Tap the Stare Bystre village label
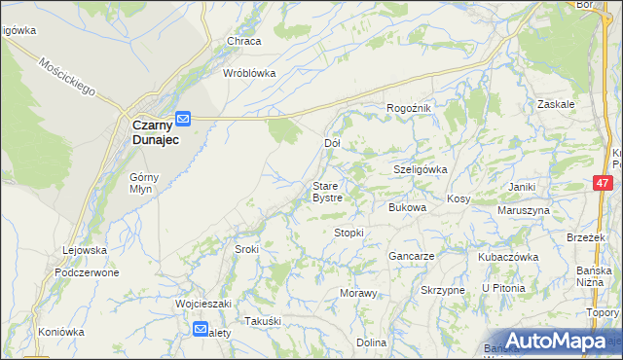point(326,191)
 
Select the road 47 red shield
point(603,182)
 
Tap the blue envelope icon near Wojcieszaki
point(200,329)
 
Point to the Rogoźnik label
point(408,107)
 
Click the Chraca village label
point(243,41)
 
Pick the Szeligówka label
point(420,168)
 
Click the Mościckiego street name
point(67,76)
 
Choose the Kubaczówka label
point(508,257)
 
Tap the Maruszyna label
point(524,210)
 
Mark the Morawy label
point(357,293)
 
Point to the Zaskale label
point(556,103)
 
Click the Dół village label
point(331,143)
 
